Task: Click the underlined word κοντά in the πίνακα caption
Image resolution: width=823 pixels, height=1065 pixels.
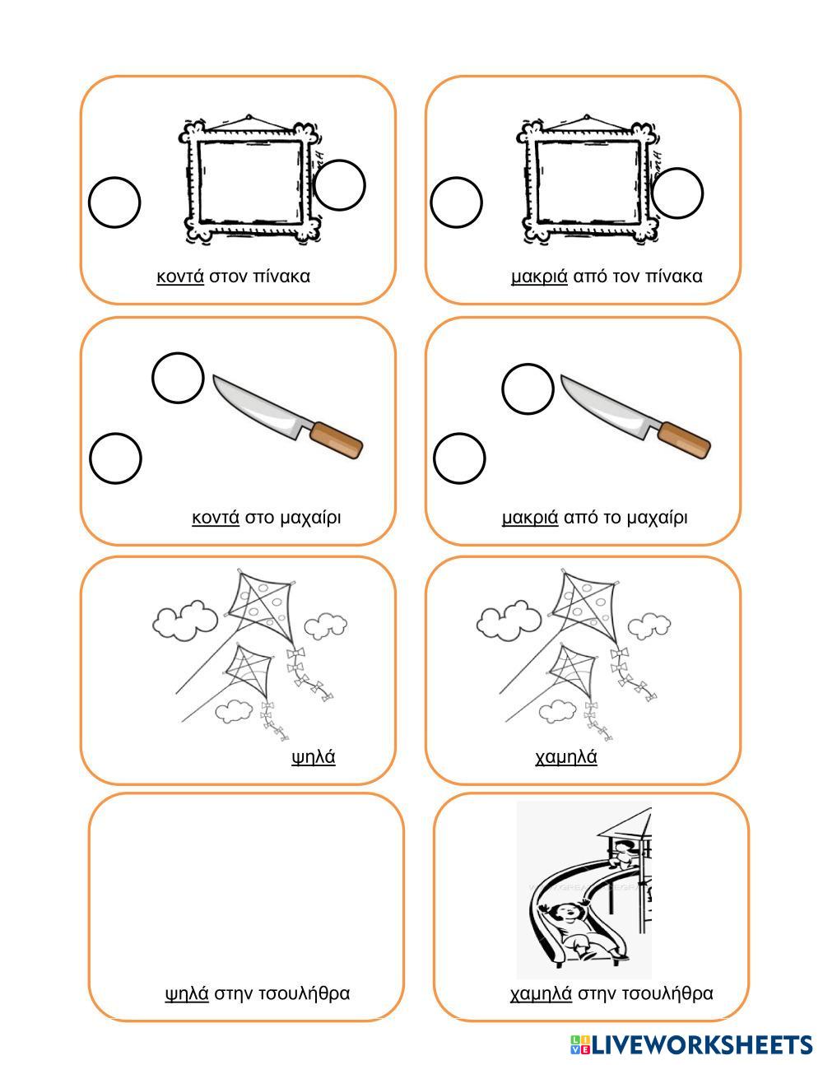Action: tap(180, 277)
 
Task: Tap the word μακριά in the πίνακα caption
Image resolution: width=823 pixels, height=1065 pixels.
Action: tap(539, 277)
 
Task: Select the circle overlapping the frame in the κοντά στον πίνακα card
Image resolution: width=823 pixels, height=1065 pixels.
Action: tap(339, 185)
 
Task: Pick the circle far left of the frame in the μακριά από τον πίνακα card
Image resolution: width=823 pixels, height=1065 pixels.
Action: tap(457, 202)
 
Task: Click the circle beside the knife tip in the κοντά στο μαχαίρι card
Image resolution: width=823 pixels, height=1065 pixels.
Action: tap(178, 378)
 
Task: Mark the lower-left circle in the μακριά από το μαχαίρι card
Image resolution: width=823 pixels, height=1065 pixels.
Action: tap(459, 458)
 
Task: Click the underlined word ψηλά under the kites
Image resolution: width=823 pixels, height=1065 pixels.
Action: tap(314, 757)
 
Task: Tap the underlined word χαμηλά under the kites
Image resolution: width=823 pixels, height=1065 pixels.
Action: tap(566, 757)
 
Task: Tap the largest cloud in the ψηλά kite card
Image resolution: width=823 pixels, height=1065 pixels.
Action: tap(185, 620)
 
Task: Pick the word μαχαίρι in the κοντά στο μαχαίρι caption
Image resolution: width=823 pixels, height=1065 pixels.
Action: tap(310, 518)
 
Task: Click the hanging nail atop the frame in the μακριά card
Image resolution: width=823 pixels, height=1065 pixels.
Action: tap(587, 117)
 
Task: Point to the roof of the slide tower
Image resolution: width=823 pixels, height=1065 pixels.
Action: tap(627, 824)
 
